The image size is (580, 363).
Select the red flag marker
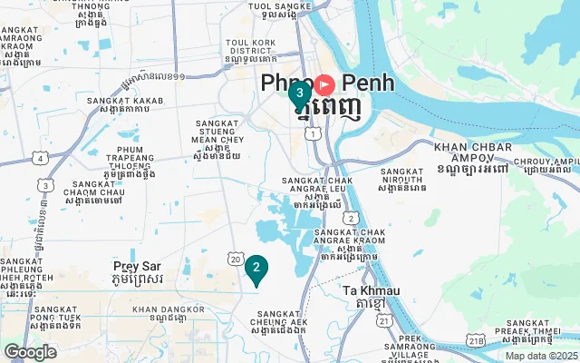pyautogui.click(x=324, y=85)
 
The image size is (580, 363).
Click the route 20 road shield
pyautogui.click(x=235, y=260)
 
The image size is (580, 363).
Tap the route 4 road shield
pyautogui.click(x=40, y=158)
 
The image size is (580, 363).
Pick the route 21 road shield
pyautogui.click(x=385, y=320)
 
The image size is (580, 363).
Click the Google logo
pyautogui.click(x=30, y=351)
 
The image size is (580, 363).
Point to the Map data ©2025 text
pyautogui.click(x=540, y=356)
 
